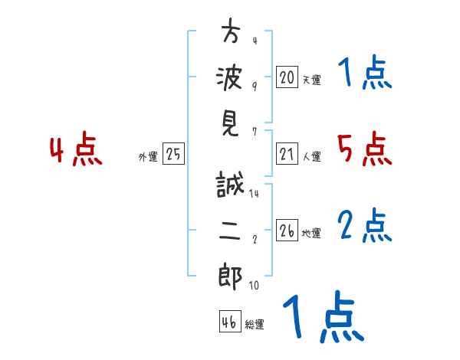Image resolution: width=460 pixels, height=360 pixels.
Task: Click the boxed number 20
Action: (x=287, y=77)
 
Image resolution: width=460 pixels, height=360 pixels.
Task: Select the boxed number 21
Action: (x=287, y=154)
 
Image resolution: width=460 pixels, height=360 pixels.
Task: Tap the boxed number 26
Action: (x=287, y=231)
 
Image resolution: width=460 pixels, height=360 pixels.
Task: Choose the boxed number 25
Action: (x=173, y=155)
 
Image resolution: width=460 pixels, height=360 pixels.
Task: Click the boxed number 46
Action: (x=229, y=322)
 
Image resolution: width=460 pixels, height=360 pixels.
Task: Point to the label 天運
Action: (x=311, y=80)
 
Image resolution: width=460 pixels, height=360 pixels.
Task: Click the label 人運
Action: (x=311, y=156)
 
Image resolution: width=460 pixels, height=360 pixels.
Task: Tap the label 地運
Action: (x=311, y=233)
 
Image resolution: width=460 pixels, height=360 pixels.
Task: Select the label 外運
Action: (x=148, y=157)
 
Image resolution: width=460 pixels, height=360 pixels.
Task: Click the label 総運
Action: (x=254, y=324)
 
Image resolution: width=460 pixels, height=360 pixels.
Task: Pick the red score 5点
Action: (x=364, y=149)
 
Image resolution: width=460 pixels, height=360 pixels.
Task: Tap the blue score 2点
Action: (x=364, y=225)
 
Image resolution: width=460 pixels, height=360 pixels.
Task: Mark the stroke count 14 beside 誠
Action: (x=254, y=195)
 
